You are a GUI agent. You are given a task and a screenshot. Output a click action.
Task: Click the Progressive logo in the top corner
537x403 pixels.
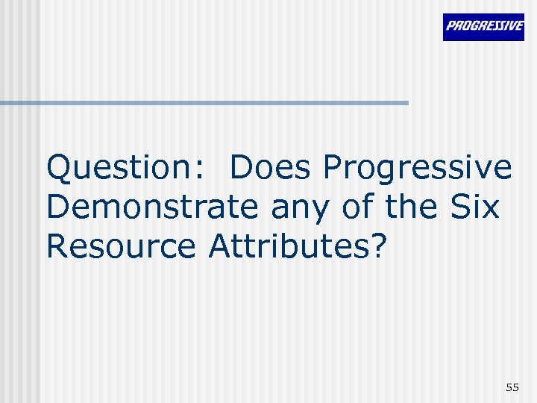click(x=483, y=27)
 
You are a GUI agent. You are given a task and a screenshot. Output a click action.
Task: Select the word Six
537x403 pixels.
click(x=475, y=207)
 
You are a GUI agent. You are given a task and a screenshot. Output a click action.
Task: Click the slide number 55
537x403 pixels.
click(x=512, y=387)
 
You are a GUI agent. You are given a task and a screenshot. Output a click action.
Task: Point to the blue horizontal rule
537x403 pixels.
click(x=204, y=102)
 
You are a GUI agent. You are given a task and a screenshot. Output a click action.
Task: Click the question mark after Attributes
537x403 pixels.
click(x=380, y=246)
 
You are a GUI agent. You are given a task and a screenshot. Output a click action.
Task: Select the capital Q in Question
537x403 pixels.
click(x=60, y=169)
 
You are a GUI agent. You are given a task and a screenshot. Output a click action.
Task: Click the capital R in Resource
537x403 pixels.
click(x=57, y=246)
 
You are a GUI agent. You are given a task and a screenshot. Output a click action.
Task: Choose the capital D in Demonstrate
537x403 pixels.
click(x=58, y=207)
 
